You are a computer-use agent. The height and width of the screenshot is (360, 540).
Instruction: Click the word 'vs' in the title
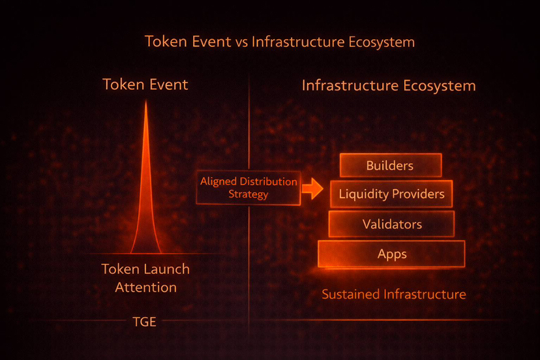coord(241,42)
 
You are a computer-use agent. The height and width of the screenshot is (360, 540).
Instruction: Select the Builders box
coord(390,166)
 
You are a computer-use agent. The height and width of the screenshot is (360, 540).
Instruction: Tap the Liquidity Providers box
coord(391,194)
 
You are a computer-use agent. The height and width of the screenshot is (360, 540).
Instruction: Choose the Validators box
coord(391,224)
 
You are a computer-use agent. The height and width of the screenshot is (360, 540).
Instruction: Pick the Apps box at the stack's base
coord(391,254)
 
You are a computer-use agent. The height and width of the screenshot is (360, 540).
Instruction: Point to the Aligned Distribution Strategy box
coord(249,188)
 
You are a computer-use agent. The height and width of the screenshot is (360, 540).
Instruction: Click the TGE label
coord(144,321)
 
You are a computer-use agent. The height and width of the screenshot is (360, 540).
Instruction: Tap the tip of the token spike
coord(145,103)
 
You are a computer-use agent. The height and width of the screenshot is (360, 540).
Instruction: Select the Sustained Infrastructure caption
coord(394,294)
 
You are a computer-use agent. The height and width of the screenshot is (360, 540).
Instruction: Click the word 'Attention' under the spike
coord(145,287)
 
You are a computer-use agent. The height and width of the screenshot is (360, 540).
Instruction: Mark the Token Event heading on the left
coord(145,85)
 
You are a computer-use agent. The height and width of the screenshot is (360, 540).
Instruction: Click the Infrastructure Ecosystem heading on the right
coord(389,85)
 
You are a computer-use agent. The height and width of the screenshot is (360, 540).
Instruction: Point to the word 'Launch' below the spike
coord(168,269)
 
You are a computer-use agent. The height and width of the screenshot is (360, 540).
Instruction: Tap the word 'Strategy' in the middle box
coord(248,194)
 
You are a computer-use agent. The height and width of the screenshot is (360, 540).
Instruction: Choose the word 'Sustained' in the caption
coord(351,294)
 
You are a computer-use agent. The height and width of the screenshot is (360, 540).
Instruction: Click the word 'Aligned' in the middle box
coord(220,181)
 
